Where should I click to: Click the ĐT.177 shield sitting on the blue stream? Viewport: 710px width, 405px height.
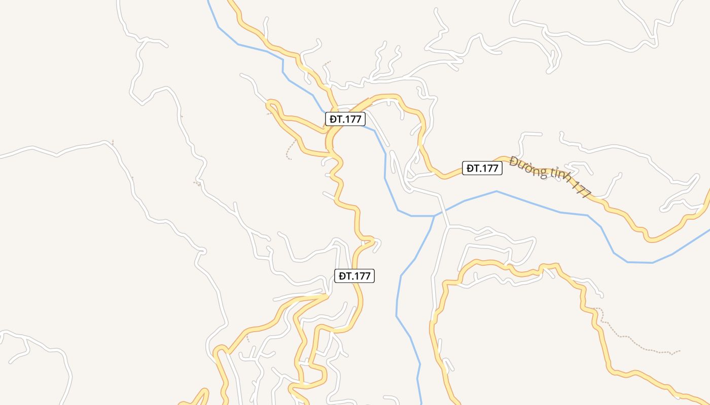[345, 119]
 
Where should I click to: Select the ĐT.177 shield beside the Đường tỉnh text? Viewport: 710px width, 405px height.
[482, 168]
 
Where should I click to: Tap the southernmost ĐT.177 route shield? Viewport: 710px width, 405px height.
[355, 276]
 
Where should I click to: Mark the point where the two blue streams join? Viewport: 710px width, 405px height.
[434, 216]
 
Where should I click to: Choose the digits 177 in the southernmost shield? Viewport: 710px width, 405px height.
[362, 276]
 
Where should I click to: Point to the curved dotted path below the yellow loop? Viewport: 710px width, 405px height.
[290, 150]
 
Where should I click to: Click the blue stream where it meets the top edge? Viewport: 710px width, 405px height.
[209, 2]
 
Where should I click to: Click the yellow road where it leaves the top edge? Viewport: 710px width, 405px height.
[233, 2]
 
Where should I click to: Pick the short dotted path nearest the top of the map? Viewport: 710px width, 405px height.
[326, 64]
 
